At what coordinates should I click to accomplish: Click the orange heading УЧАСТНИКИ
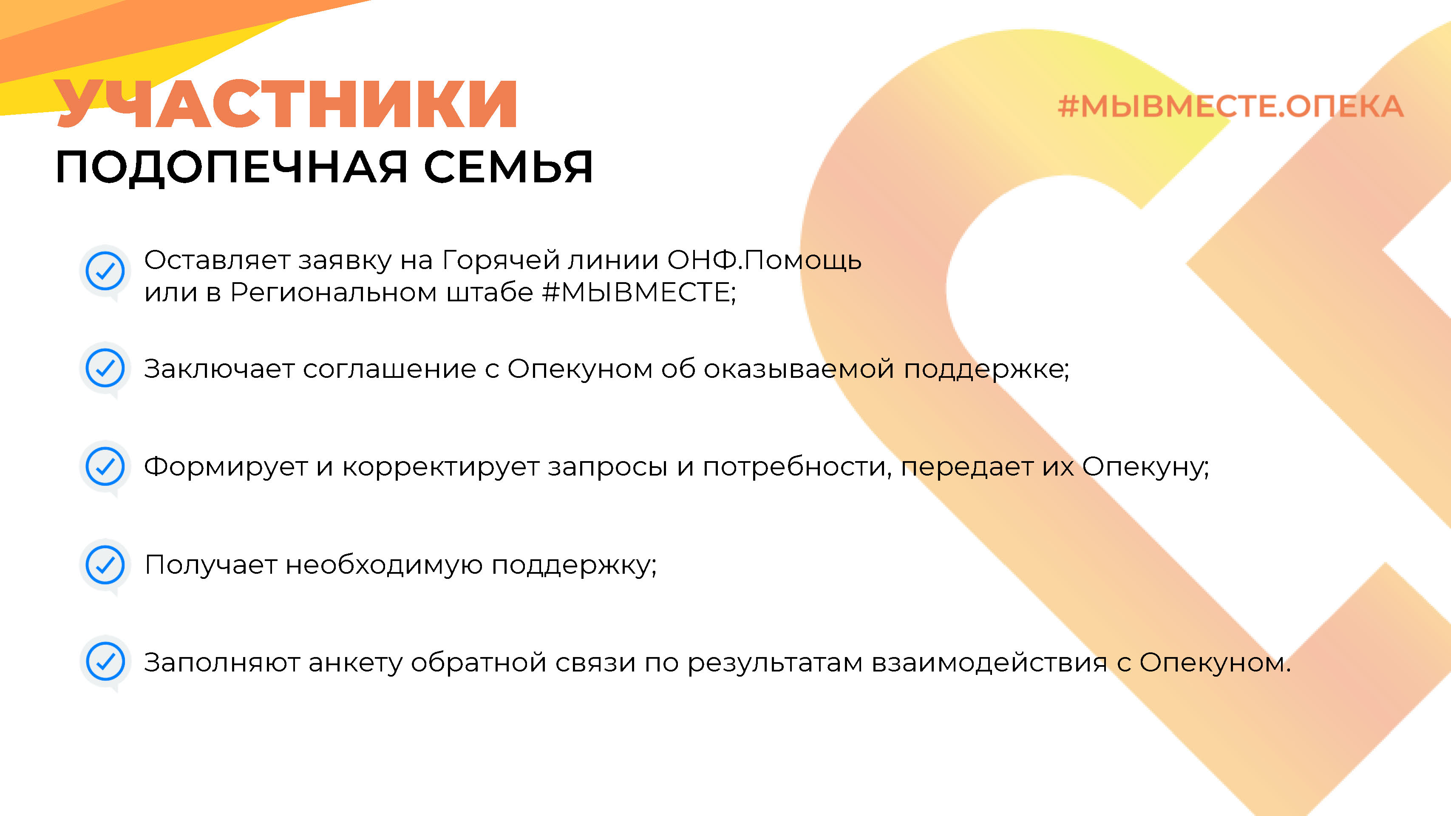[x=286, y=104]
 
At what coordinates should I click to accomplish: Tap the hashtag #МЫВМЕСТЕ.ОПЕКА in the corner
[x=1230, y=106]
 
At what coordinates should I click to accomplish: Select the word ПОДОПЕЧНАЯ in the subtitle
[x=231, y=168]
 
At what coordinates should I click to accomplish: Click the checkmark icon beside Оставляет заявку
[x=105, y=272]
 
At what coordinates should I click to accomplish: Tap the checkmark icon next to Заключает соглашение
[x=105, y=369]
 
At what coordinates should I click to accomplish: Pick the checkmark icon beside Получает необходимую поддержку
[x=105, y=565]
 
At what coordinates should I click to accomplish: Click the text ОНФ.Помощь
[x=764, y=260]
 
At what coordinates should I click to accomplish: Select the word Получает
[x=211, y=565]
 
